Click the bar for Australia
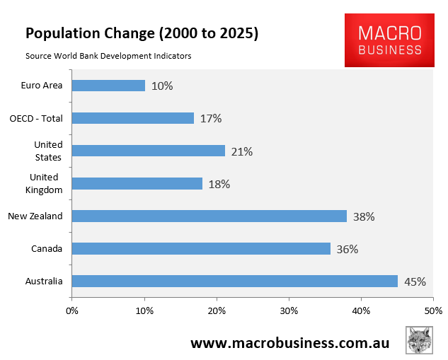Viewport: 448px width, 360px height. [x=234, y=281]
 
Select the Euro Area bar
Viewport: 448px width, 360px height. [x=108, y=86]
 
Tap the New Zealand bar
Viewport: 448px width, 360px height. [x=209, y=216]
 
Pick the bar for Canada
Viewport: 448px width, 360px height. [x=201, y=249]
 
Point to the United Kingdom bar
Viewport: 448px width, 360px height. [x=137, y=184]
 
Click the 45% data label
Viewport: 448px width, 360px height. [x=415, y=281]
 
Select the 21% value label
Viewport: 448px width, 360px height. [x=242, y=151]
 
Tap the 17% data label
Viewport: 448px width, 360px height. [x=211, y=119]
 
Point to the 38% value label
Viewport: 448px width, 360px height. [x=364, y=216]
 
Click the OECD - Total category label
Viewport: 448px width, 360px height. [x=36, y=118]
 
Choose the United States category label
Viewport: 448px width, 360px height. [x=48, y=151]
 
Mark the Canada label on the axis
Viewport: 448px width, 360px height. [x=47, y=249]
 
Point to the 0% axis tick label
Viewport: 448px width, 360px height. [x=72, y=310]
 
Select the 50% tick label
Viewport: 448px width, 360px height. [x=433, y=310]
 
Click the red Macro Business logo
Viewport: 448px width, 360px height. [x=389, y=40]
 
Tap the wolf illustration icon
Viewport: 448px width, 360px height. [x=419, y=340]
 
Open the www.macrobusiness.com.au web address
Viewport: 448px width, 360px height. [x=289, y=342]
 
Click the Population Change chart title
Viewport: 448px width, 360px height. [x=142, y=33]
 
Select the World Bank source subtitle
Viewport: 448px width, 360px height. [x=108, y=56]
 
